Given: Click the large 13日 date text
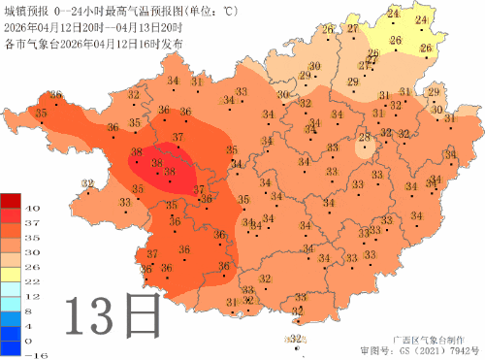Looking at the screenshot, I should (x=112, y=316).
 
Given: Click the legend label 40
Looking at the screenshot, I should (x=30, y=208).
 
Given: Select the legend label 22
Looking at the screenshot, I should (x=30, y=279).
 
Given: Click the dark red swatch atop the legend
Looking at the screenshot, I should (x=11, y=200).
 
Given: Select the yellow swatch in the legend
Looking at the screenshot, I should (x=11, y=274).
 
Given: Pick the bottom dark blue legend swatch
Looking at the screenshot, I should (x=11, y=348).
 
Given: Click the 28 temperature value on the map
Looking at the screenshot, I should (x=364, y=139).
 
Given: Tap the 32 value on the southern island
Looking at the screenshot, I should (x=297, y=339).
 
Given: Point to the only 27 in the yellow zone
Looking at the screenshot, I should (x=352, y=30).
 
